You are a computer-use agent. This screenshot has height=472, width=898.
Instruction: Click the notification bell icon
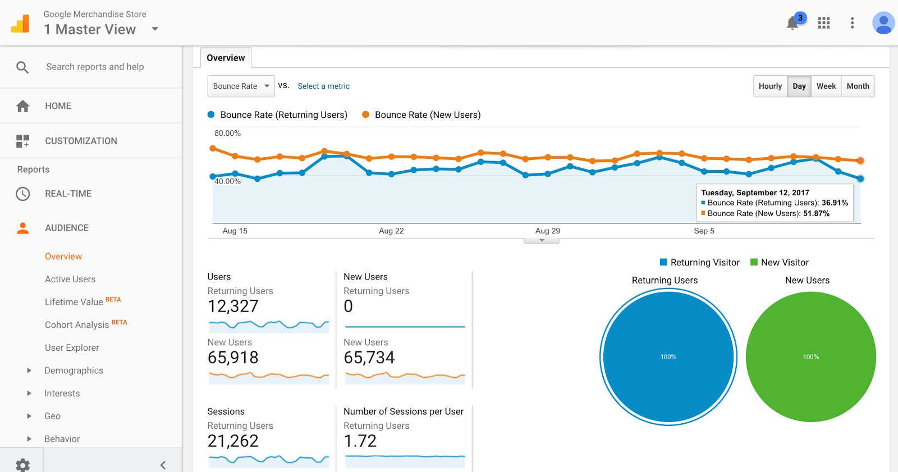tap(792, 23)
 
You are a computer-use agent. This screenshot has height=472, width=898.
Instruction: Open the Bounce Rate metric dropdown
tap(241, 86)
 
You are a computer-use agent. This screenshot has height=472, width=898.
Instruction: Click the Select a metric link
tap(323, 86)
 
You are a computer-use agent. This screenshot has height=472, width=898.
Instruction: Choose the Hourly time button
tap(770, 86)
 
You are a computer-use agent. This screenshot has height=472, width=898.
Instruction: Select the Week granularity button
tap(826, 86)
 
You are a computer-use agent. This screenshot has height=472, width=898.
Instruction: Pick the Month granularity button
tap(858, 86)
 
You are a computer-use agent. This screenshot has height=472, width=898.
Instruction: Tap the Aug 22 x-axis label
tap(391, 231)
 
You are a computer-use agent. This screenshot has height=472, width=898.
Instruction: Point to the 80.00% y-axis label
tap(227, 133)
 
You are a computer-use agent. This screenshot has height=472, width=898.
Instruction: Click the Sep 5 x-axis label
tap(704, 231)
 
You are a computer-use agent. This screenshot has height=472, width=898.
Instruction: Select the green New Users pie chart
tap(810, 356)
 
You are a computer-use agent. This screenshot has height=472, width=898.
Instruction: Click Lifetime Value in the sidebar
tap(74, 302)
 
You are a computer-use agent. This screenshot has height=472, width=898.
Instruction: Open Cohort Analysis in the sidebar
tap(77, 325)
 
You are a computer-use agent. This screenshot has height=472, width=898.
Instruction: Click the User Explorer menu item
tap(72, 347)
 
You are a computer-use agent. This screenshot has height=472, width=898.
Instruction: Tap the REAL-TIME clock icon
tap(23, 194)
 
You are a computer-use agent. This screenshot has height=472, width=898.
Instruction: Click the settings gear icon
tap(23, 465)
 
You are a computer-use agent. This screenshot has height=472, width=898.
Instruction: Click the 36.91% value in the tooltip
tap(835, 203)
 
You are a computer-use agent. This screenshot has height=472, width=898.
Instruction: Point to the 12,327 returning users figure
tap(233, 306)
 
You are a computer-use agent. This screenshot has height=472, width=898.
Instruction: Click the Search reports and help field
tap(95, 67)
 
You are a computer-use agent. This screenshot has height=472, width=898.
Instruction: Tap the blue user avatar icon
tap(883, 23)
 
